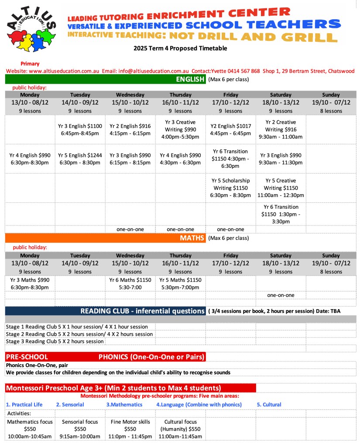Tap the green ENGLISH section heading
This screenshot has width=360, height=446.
(190, 79)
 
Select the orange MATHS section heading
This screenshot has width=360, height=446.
(192, 238)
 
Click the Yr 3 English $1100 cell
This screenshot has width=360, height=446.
(80, 130)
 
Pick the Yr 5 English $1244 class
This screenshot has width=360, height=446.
(80, 159)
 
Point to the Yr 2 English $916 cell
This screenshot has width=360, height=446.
(130, 130)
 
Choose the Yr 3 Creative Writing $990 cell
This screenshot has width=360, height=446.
(180, 129)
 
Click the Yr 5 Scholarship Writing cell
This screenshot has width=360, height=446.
(230, 188)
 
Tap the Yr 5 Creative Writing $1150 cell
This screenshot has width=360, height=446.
(281, 188)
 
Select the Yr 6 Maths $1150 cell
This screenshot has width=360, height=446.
(130, 283)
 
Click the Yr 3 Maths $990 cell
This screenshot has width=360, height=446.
(30, 283)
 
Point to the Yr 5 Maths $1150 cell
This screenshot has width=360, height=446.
(180, 283)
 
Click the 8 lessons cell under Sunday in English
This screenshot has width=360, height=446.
(331, 111)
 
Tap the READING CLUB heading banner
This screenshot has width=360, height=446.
(142, 311)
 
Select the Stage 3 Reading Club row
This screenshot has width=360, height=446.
(55, 341)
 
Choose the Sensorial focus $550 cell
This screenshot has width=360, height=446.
(80, 429)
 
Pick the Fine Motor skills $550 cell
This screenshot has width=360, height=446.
(130, 429)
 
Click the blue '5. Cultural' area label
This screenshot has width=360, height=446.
(269, 405)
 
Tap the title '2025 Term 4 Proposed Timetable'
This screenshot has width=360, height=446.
(180, 48)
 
